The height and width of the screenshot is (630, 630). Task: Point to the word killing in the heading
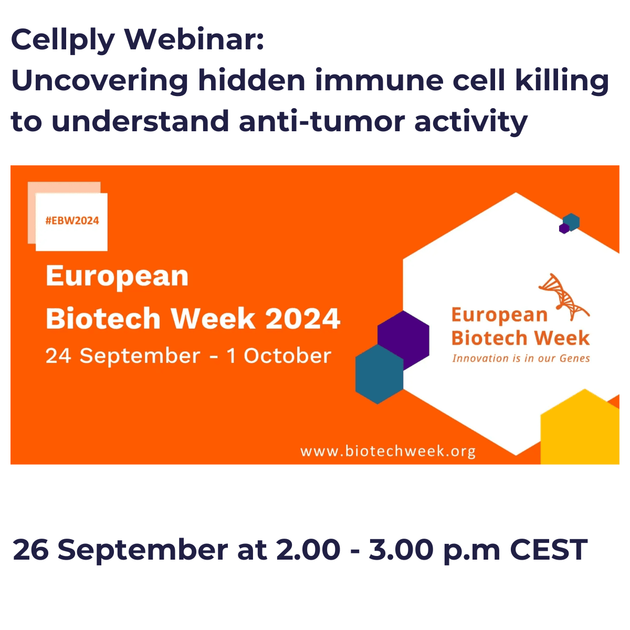pos(562,82)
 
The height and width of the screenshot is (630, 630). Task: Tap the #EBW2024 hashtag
pos(72,220)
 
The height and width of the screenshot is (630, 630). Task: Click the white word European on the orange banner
pos(117,277)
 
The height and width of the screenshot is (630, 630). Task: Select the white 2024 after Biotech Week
pos(303,318)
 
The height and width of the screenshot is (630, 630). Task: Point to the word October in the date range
pos(287,356)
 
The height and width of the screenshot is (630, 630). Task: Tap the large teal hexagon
pos(379,375)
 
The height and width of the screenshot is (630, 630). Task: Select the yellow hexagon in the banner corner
pos(580,428)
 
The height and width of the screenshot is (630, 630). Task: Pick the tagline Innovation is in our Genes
pos(521,359)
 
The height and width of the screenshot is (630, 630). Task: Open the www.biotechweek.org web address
pos(388,451)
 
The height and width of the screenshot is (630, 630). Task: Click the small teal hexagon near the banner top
pos(572,222)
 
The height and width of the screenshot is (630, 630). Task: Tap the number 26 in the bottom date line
pos(31,550)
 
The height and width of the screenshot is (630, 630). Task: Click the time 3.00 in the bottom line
pos(401,550)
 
